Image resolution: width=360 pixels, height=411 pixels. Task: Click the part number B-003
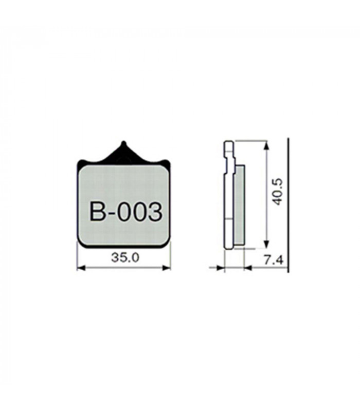coord(125,211)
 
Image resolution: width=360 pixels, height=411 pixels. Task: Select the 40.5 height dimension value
coord(278,192)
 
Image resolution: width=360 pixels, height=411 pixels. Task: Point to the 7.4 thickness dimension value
coord(273,260)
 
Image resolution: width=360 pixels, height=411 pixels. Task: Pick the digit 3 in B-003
coord(154,211)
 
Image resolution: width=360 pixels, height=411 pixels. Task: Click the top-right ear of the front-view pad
coord(165,162)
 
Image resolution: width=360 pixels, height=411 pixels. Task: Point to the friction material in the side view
coord(240,206)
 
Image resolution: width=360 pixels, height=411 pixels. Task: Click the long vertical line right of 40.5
coord(288,206)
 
